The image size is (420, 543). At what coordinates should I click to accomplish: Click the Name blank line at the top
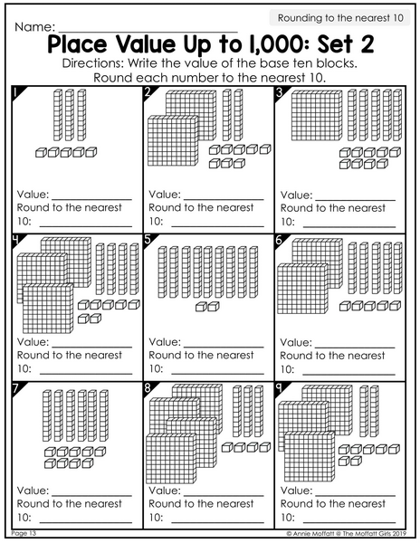(x=148, y=32)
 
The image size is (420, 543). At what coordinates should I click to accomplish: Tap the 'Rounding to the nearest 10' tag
(x=340, y=18)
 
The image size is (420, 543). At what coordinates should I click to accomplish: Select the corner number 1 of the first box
(x=16, y=92)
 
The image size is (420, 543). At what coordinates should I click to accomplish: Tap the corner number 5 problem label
(x=148, y=240)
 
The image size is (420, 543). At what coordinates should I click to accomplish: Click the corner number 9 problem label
(x=279, y=388)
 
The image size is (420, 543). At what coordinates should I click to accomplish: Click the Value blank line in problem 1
(x=91, y=199)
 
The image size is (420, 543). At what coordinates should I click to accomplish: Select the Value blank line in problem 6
(x=355, y=348)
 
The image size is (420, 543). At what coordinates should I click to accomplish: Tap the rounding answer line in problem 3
(x=349, y=227)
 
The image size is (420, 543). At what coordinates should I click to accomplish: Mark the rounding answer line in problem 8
(x=217, y=522)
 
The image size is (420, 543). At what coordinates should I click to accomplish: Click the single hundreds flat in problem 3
(x=317, y=116)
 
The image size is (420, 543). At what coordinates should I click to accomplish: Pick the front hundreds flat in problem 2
(x=173, y=140)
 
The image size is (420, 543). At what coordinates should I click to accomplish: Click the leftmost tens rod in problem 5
(x=162, y=272)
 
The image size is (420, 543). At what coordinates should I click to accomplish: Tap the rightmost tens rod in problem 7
(x=104, y=415)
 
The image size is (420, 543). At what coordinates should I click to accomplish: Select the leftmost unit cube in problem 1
(x=41, y=152)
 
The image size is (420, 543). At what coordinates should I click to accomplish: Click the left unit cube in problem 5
(x=201, y=307)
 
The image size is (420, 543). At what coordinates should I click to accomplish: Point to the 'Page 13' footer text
(x=24, y=533)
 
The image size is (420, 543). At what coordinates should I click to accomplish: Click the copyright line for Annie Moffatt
(x=347, y=534)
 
